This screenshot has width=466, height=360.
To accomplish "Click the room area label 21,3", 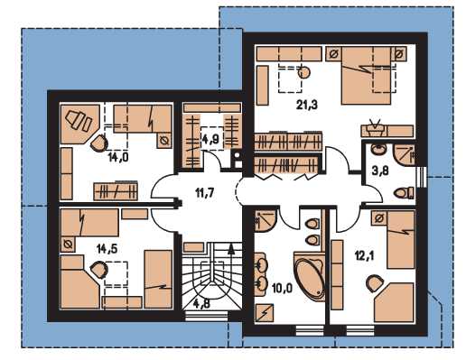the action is [307, 105].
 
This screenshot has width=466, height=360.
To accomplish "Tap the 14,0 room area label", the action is [118, 157].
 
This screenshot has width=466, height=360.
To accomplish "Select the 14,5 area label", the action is [107, 249].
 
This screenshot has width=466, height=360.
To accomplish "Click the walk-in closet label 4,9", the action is [212, 139].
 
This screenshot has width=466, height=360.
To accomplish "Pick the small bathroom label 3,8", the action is [379, 171].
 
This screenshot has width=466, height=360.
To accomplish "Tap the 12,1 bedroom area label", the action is [364, 256].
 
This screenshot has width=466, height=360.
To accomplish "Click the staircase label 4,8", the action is [201, 304].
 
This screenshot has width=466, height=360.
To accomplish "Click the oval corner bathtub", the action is [309, 277].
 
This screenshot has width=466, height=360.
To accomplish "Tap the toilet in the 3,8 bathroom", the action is [404, 192].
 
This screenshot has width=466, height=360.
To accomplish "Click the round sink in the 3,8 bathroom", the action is [377, 149].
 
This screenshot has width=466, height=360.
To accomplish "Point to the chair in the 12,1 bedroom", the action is [374, 283].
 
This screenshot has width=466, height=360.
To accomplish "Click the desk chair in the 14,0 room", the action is [98, 143].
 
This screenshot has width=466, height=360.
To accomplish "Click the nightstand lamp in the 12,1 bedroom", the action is [379, 218].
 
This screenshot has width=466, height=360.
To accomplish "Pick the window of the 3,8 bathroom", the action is [422, 177].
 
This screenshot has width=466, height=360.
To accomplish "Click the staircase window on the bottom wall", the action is [206, 316].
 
